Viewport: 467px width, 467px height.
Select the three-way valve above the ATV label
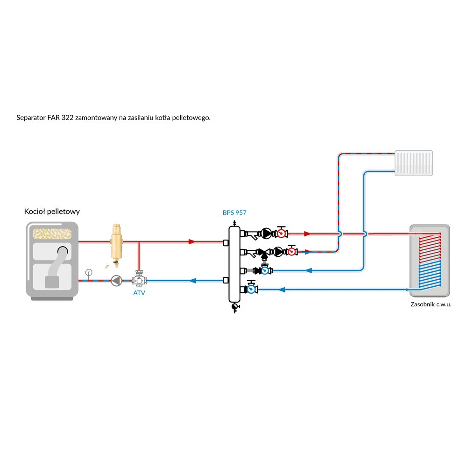click(x=139, y=281)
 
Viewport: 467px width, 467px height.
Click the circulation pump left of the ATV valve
click(x=115, y=281)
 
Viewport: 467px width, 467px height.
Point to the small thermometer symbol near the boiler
click(x=88, y=272)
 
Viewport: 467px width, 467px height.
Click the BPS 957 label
click(x=234, y=212)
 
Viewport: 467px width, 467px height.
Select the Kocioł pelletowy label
click(x=52, y=212)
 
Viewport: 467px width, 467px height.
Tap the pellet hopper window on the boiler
click(x=51, y=233)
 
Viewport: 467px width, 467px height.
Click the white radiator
click(x=414, y=163)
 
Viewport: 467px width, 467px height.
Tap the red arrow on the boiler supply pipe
click(x=191, y=242)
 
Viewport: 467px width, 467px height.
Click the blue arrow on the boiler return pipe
click(x=192, y=281)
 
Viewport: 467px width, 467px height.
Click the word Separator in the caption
click(x=31, y=118)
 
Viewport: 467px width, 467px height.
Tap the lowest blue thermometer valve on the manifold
click(x=252, y=289)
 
